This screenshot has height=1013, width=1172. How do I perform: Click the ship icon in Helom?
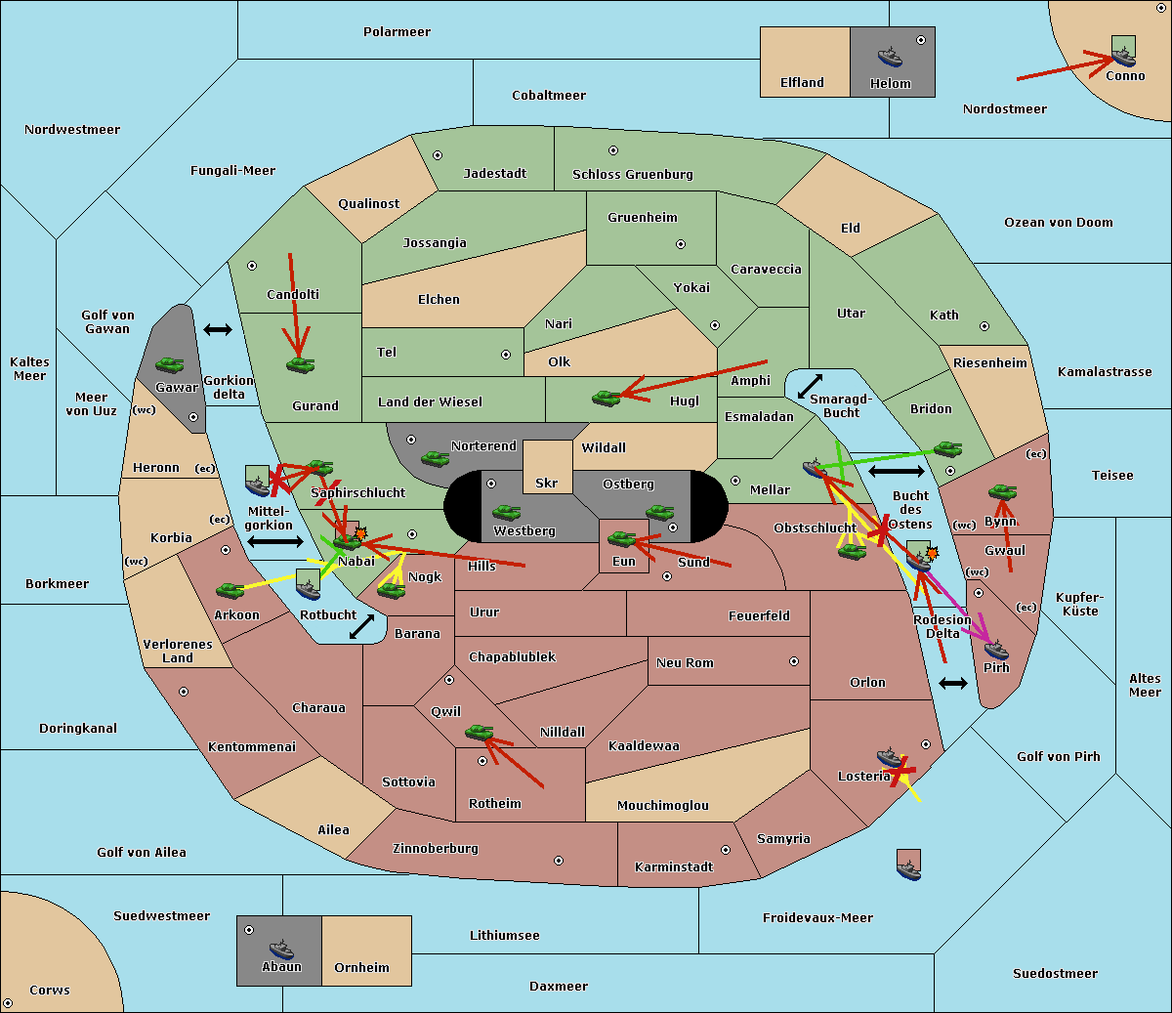[x=890, y=57]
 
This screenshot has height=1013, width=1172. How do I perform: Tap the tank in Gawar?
[x=170, y=364]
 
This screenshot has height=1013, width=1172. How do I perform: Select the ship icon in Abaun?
[x=282, y=949]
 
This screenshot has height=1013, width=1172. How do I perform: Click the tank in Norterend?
[x=435, y=458]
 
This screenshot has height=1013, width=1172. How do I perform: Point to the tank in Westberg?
[x=506, y=512]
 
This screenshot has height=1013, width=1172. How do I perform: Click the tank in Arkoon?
[x=230, y=590]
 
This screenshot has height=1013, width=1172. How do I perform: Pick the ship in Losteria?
[x=890, y=758]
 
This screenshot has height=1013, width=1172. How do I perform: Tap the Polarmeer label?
[x=397, y=32]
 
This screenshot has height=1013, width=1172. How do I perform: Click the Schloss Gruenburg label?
[x=633, y=174]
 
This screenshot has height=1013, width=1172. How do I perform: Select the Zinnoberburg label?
[x=436, y=849]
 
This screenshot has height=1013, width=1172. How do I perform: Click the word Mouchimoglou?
[x=663, y=805]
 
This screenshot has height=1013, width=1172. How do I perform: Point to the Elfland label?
[x=802, y=83]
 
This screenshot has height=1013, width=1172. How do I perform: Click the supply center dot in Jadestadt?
[x=438, y=155]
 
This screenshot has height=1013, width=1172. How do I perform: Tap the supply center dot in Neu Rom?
[x=794, y=661]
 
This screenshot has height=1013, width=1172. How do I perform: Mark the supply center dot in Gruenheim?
[x=681, y=244]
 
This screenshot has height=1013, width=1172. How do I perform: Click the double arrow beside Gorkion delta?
[x=218, y=329]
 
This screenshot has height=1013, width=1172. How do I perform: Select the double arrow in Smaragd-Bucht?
[x=810, y=386]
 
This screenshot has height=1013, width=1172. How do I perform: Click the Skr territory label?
[x=547, y=483]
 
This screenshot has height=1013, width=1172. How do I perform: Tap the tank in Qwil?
[x=480, y=732]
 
